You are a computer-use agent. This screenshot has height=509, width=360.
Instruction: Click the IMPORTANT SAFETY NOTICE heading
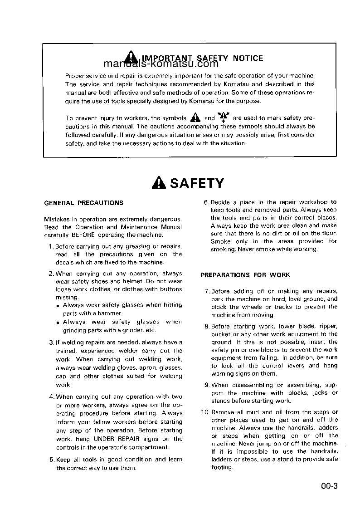tap(202, 58)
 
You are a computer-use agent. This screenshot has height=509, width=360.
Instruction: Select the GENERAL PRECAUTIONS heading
tap(83, 203)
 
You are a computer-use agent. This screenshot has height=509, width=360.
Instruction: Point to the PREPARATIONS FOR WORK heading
tap(245, 275)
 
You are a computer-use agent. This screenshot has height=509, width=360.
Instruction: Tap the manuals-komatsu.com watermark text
tap(154, 64)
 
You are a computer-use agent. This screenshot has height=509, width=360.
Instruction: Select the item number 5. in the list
tap(52, 460)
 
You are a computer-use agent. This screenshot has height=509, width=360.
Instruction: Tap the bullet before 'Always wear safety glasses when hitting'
tap(58, 306)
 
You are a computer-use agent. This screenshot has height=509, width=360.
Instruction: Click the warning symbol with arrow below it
tap(224, 117)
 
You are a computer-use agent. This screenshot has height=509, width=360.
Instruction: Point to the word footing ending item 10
tap(222, 467)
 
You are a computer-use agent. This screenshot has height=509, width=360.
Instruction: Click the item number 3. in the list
tap(52, 343)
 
